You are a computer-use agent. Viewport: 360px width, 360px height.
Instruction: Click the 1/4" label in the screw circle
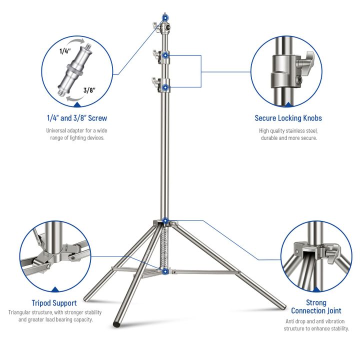(x=66, y=51)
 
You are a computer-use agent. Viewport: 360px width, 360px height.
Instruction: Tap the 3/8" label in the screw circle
(x=89, y=90)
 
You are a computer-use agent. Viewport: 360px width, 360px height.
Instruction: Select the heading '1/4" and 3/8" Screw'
(x=76, y=118)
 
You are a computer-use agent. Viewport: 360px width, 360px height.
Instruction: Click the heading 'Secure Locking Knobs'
(x=288, y=118)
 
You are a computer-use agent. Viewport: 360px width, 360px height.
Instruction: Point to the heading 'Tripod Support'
(x=54, y=303)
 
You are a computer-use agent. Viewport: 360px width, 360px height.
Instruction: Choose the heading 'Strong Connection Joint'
(x=316, y=306)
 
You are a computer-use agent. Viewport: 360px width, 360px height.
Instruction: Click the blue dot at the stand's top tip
(x=165, y=17)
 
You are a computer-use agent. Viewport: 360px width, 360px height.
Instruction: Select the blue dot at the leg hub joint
(x=165, y=220)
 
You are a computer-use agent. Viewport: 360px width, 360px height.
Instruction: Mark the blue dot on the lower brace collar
(x=165, y=270)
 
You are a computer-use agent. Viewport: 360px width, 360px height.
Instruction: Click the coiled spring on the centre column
(x=165, y=245)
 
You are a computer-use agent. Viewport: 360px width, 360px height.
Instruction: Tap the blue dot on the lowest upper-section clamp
(x=165, y=87)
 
